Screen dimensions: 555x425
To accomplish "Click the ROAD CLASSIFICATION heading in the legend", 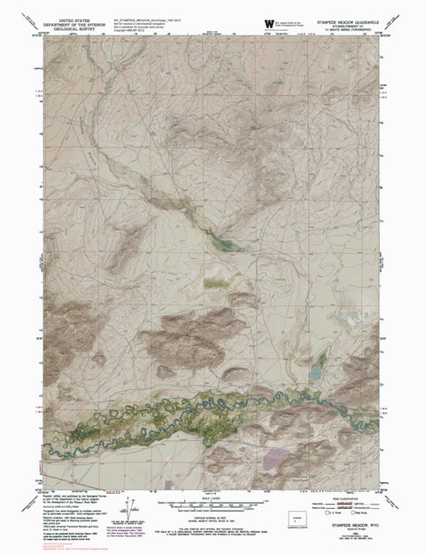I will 341,498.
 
